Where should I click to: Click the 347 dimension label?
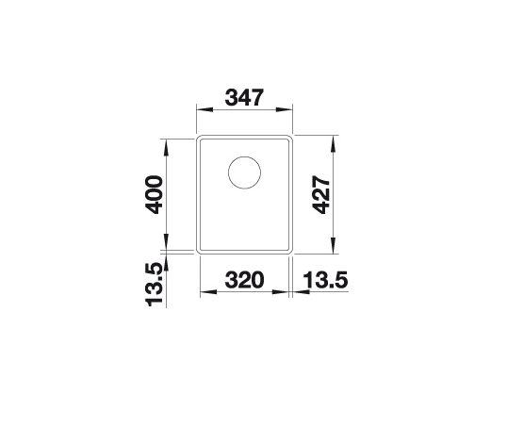[244, 97]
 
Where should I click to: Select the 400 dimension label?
[154, 195]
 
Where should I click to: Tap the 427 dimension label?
[321, 195]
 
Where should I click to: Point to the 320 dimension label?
[244, 280]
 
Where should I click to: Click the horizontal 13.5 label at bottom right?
[325, 280]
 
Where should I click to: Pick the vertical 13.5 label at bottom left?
[154, 285]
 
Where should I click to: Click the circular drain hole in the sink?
[244, 172]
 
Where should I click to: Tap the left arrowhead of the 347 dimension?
[204, 109]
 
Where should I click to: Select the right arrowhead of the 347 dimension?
[285, 109]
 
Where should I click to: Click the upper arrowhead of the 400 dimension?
[167, 147]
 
